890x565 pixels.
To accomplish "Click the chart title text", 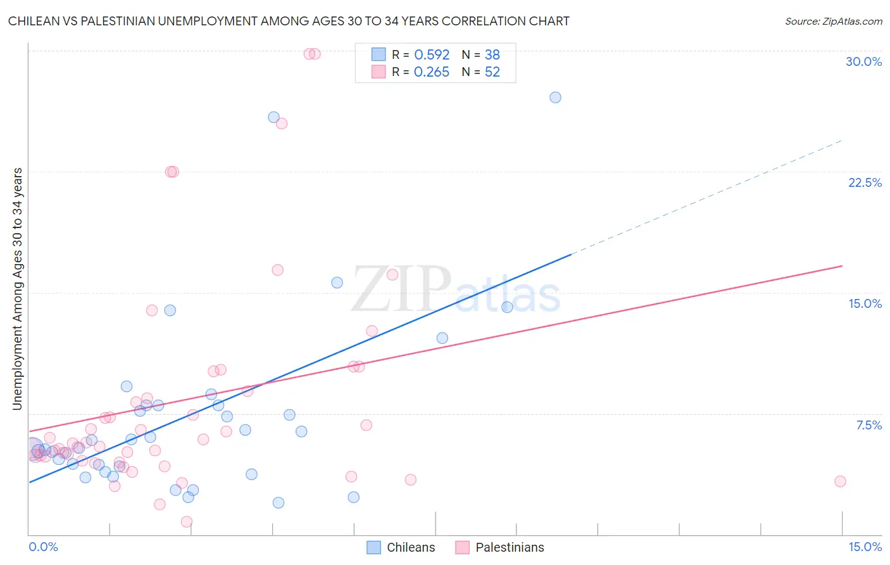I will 289,21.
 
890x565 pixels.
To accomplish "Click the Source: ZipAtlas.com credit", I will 833,21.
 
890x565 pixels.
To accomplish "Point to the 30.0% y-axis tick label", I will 863,61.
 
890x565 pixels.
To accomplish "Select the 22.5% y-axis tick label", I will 865,182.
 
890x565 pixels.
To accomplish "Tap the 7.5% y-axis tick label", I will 868,425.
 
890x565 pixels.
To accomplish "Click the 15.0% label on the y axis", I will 865,303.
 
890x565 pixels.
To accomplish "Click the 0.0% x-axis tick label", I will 43,547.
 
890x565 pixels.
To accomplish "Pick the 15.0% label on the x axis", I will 865,547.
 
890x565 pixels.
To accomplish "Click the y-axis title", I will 18,288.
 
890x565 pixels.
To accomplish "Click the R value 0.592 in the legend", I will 432,54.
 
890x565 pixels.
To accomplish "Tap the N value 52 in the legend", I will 492,72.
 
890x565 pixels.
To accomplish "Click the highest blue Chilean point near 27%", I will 555,98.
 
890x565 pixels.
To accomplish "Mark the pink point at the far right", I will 840,481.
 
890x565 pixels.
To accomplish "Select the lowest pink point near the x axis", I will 187,522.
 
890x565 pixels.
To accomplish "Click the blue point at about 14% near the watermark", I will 507,307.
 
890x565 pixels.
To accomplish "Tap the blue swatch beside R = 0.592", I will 379,54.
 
